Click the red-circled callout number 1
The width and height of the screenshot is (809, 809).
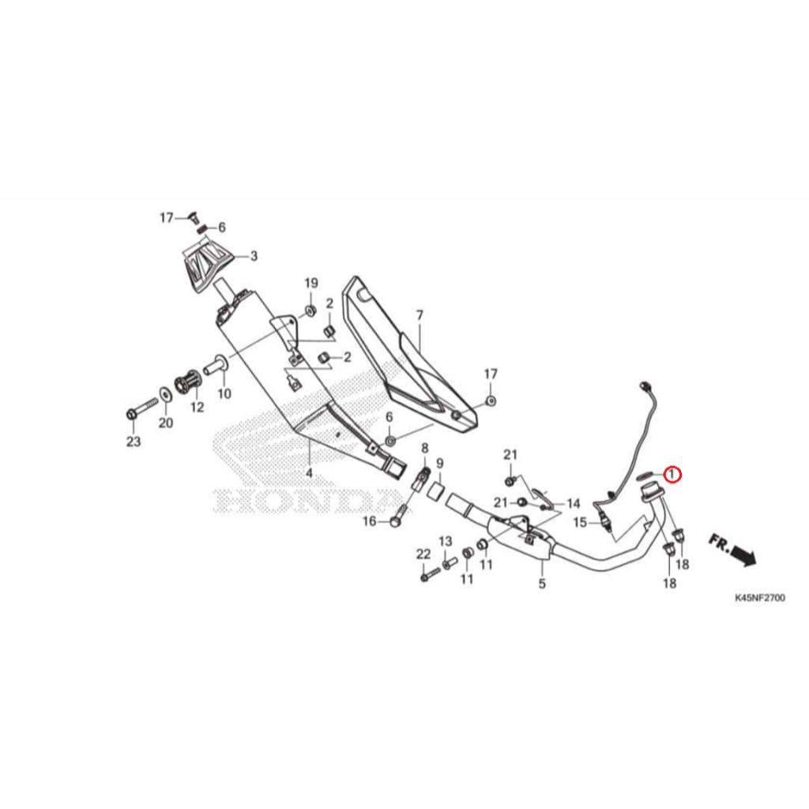click(672, 474)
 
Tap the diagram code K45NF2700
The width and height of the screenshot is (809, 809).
click(760, 598)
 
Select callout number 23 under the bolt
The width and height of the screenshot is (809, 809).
click(134, 441)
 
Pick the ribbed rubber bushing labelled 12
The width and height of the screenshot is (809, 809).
click(188, 383)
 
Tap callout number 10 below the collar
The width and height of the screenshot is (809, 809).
click(224, 393)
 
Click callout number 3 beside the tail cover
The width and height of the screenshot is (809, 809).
click(254, 256)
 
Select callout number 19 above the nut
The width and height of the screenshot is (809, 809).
click(311, 283)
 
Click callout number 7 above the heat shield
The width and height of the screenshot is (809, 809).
click(420, 314)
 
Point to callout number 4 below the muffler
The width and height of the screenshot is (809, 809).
click(309, 472)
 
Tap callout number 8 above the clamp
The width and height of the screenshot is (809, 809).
click(424, 447)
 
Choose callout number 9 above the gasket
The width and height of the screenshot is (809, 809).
click(439, 463)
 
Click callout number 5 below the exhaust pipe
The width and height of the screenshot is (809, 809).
click(542, 584)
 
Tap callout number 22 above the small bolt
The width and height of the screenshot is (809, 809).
click(423, 554)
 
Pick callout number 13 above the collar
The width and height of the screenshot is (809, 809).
click(446, 540)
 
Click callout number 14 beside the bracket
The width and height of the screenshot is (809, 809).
click(574, 503)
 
